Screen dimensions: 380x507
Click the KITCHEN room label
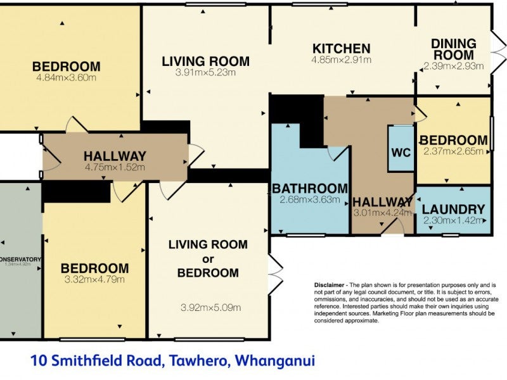341,48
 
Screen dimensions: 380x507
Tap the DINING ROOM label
454,49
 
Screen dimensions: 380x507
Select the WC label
401,153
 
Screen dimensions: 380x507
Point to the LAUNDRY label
453,209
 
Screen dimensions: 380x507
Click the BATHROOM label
310,188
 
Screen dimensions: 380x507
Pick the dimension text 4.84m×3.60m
67,78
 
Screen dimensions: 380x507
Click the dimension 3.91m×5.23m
205,73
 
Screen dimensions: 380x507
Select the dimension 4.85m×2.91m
341,60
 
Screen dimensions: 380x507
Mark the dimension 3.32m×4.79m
94,279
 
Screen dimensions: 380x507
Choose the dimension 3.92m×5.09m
211,308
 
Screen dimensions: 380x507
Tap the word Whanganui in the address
275,361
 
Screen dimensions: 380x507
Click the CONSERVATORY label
21,259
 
